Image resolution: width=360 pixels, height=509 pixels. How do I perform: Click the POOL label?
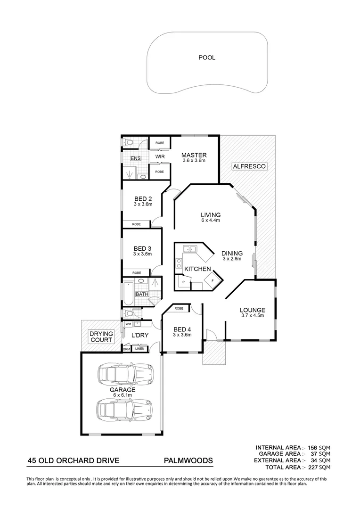[207, 58]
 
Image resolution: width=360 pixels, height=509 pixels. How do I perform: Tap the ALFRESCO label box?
[250, 166]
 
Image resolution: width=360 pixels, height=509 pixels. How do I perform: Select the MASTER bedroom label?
[194, 156]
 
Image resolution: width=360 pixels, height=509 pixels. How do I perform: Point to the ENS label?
[136, 158]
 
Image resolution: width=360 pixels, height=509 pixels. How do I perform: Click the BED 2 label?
[143, 198]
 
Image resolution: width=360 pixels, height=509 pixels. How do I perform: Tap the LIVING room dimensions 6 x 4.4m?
[212, 221]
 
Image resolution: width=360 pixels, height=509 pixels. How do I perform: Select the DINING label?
[232, 253]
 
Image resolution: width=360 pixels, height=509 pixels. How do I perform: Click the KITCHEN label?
[197, 269]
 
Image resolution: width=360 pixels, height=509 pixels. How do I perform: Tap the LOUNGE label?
[253, 310]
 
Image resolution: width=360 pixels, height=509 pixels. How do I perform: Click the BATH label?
[142, 294]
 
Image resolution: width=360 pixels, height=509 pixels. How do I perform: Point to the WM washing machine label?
[128, 324]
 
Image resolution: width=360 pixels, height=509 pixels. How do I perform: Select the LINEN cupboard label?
[140, 349]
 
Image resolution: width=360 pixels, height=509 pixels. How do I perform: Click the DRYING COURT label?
[101, 337]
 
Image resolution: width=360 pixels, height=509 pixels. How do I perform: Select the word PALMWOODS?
[188, 460]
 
